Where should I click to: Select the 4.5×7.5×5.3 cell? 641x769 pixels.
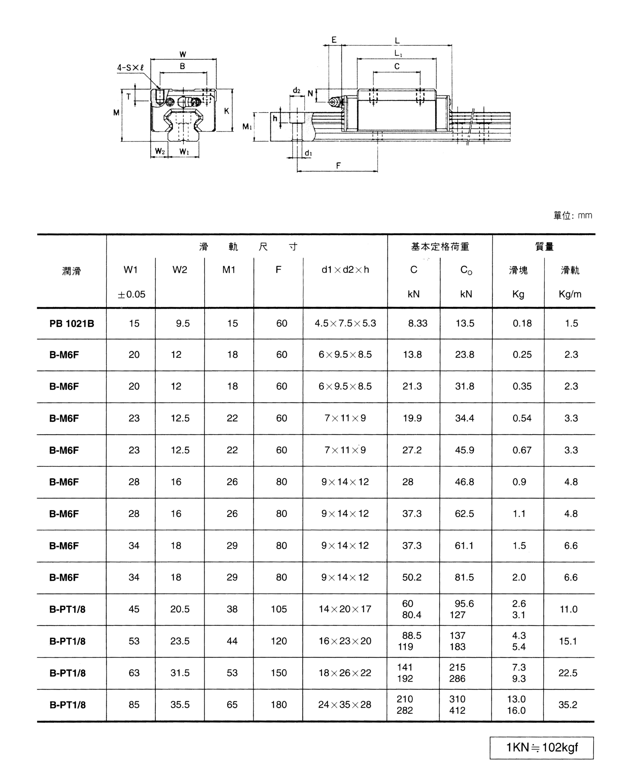pyautogui.click(x=345, y=323)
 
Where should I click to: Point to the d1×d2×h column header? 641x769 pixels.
pyautogui.click(x=345, y=270)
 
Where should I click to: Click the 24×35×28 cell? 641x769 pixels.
pyautogui.click(x=345, y=705)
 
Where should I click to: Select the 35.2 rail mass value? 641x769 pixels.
pyautogui.click(x=568, y=705)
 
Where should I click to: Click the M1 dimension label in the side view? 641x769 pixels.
pyautogui.click(x=247, y=127)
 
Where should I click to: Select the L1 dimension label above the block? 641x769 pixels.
pyautogui.click(x=398, y=53)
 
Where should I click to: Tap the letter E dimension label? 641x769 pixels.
pyautogui.click(x=334, y=40)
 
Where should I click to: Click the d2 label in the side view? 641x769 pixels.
pyautogui.click(x=296, y=90)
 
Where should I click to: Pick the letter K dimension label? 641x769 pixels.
pyautogui.click(x=227, y=111)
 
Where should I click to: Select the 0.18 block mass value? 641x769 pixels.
pyautogui.click(x=522, y=323)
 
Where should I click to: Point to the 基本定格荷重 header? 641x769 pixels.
pyautogui.click(x=440, y=247)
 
